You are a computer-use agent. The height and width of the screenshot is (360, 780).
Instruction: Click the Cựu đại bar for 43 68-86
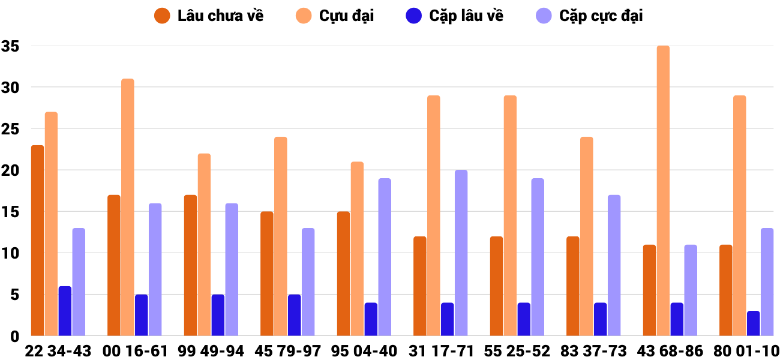coord(663,191)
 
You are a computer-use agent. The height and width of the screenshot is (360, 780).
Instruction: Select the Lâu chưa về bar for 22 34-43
coord(37,240)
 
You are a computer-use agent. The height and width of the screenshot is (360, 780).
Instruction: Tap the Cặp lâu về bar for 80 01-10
coord(753,323)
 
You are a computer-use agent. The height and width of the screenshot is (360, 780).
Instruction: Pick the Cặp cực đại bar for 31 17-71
coord(461,253)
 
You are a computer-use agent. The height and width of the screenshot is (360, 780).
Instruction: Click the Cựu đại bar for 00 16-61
coord(127,207)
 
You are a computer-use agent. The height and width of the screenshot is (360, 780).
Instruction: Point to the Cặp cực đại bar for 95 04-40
coord(385,257)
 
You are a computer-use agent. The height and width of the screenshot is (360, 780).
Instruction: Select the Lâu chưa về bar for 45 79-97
coord(267,274)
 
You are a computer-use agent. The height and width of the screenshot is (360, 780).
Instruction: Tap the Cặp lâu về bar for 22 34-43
coord(65,311)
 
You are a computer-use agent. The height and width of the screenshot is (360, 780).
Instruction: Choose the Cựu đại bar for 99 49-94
coord(204,244)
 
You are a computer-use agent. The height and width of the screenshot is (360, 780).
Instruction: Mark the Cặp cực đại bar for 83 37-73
coord(614,265)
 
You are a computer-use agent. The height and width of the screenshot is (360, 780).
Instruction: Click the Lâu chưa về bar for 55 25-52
coord(496,286)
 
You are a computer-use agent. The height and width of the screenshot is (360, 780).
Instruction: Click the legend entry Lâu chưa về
coord(208,16)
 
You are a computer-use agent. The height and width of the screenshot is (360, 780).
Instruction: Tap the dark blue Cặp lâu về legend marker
coord(415,16)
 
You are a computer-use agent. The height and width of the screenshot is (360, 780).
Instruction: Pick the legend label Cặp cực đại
coord(601,16)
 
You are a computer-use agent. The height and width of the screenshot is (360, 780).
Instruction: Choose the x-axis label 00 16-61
coord(135,350)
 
